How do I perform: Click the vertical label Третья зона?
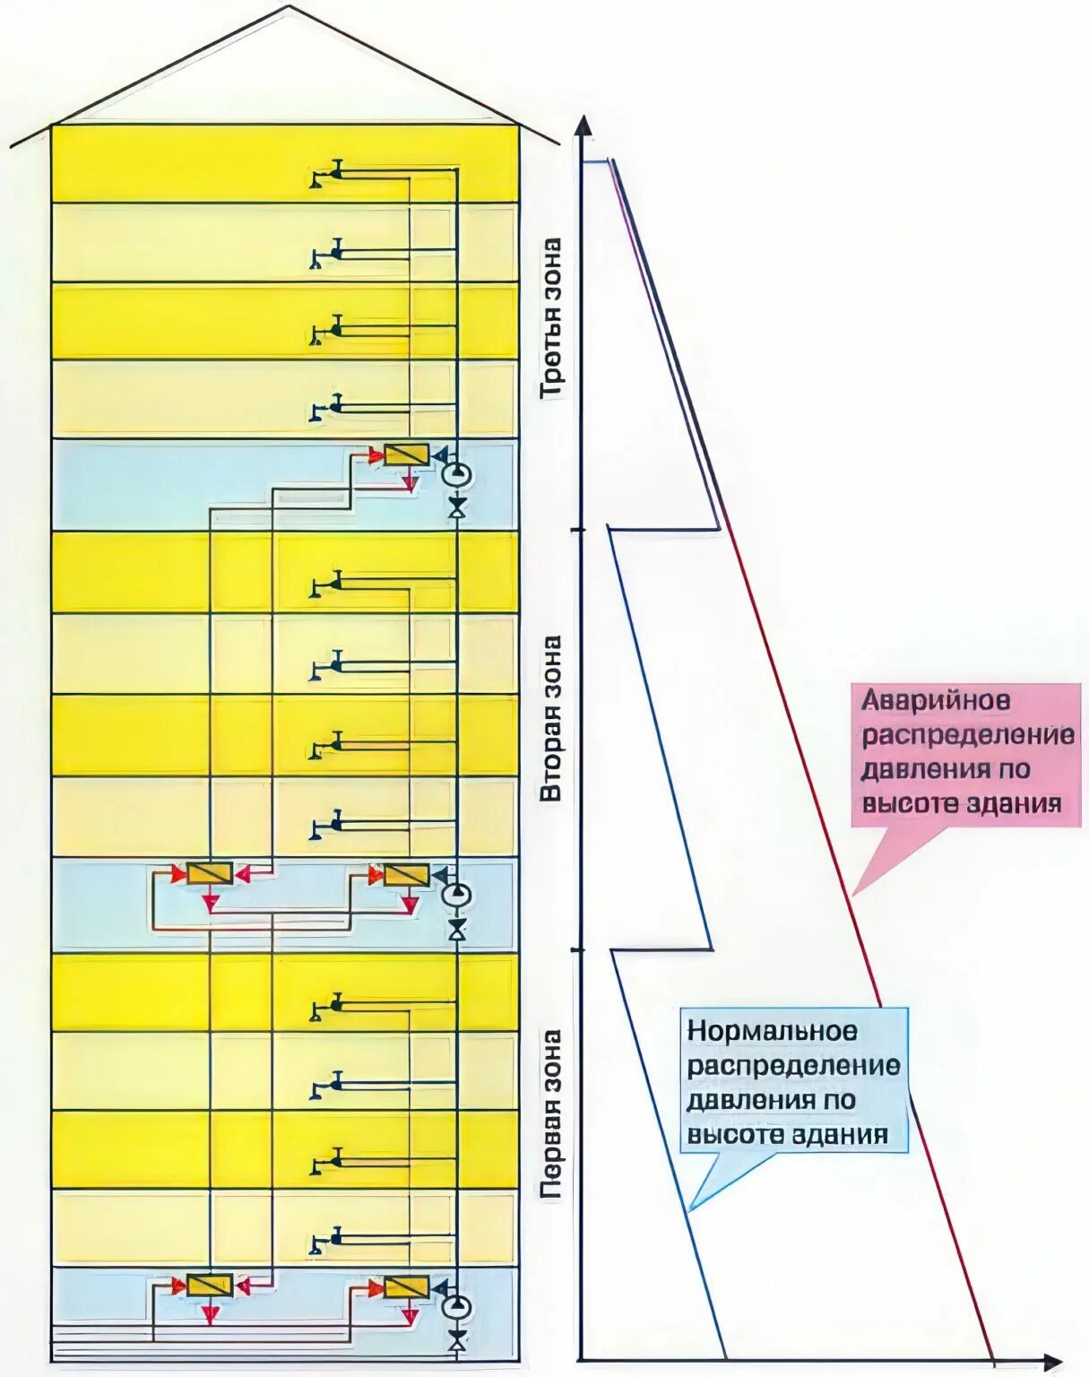pyautogui.click(x=551, y=318)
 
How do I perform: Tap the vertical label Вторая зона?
pyautogui.click(x=551, y=717)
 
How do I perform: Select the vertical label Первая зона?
pyautogui.click(x=551, y=1113)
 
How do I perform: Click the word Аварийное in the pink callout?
pyautogui.click(x=937, y=700)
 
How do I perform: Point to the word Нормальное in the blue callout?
pyautogui.click(x=772, y=1032)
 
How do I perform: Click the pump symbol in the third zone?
pyautogui.click(x=457, y=472)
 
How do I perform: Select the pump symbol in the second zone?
pyautogui.click(x=457, y=894)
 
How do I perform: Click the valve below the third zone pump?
pyautogui.click(x=457, y=509)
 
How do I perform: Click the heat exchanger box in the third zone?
pyautogui.click(x=406, y=455)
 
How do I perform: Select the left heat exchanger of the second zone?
pyautogui.click(x=210, y=873)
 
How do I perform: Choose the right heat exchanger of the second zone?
pyautogui.click(x=406, y=874)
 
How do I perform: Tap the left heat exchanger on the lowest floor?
pyautogui.click(x=210, y=1286)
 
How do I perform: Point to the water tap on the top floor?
pyautogui.click(x=328, y=174)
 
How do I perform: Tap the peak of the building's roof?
pyautogui.click(x=289, y=7)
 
